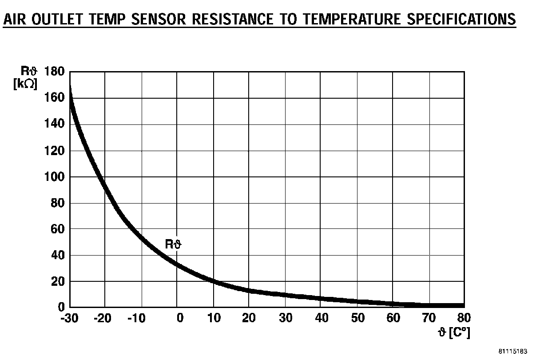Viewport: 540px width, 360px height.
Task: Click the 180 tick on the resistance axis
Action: point(54,72)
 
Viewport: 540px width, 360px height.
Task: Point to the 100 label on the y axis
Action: point(54,177)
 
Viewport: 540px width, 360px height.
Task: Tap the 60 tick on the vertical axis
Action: point(57,229)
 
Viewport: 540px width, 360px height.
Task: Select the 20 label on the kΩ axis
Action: point(57,281)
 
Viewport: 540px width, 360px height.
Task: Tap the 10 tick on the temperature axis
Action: point(214,318)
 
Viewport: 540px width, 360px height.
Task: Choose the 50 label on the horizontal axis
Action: point(358,318)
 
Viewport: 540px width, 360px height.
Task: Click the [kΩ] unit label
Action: point(25,83)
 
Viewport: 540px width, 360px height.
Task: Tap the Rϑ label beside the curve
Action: point(174,244)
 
